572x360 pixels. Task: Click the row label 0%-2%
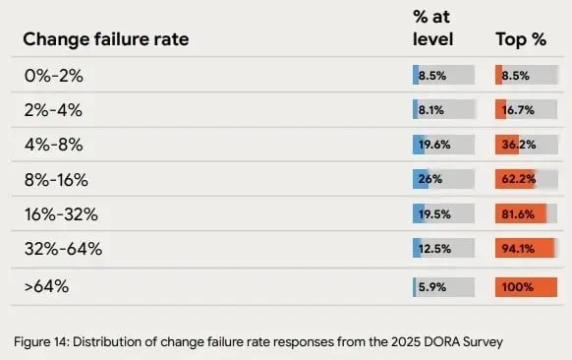tap(53, 75)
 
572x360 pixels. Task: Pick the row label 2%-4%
tap(53, 110)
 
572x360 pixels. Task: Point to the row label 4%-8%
tap(53, 145)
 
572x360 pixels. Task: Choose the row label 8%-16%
tap(57, 180)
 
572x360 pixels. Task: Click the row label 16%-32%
tap(62, 214)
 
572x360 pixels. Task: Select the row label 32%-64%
tap(62, 249)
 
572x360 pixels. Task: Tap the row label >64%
tap(46, 286)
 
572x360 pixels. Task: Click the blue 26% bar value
tap(429, 180)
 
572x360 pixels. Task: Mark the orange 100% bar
tap(526, 287)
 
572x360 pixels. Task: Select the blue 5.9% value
tap(432, 287)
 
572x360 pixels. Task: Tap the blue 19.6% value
tap(433, 145)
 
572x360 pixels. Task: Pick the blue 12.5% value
tap(433, 249)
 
